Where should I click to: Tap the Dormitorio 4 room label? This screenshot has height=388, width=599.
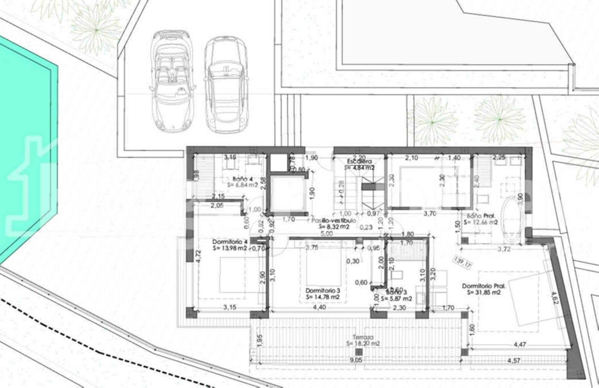(230, 242)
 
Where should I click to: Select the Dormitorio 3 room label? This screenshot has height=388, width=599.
(323, 290)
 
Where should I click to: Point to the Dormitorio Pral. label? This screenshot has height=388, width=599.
(484, 286)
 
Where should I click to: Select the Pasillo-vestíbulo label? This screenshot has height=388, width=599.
(334, 221)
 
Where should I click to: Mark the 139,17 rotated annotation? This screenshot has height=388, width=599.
(462, 263)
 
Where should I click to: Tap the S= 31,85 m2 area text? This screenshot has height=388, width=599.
(484, 292)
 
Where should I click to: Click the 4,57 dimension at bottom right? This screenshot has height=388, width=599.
(515, 361)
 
